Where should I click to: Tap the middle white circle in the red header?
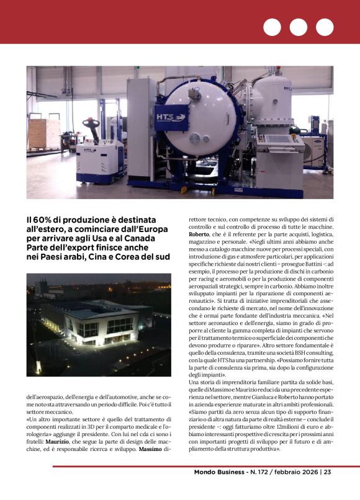tap(298, 27)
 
